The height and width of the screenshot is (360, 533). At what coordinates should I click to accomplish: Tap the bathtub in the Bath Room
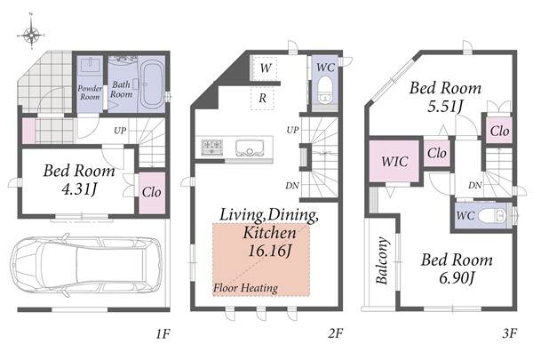[152, 84]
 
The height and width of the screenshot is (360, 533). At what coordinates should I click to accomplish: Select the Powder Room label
[90, 92]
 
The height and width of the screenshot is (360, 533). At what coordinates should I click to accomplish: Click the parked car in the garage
[85, 264]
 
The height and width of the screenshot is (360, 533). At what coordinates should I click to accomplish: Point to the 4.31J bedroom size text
[80, 189]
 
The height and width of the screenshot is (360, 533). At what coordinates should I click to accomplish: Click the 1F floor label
[163, 334]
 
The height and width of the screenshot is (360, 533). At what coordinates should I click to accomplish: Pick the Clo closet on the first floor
[152, 192]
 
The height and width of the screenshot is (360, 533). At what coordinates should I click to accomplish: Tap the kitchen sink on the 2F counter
[249, 148]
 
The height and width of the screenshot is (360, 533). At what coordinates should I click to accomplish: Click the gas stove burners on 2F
[211, 148]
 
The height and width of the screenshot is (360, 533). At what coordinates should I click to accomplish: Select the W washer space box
[265, 68]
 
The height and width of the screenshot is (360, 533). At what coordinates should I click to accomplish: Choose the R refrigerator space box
[262, 99]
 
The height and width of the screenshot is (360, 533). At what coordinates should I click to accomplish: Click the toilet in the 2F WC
[325, 90]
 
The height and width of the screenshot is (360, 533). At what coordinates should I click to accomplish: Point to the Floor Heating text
[245, 288]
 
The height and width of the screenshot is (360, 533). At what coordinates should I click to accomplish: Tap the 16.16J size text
[269, 252]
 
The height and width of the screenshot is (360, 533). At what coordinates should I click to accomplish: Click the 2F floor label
[335, 333]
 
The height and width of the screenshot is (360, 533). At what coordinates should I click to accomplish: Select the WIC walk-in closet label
[394, 161]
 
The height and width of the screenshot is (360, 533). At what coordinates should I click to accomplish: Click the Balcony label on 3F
[382, 260]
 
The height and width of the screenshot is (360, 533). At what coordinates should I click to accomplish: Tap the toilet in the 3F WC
[492, 216]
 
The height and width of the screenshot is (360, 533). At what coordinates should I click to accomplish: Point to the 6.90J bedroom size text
[457, 277]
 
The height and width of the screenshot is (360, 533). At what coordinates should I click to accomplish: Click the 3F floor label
[510, 333]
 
